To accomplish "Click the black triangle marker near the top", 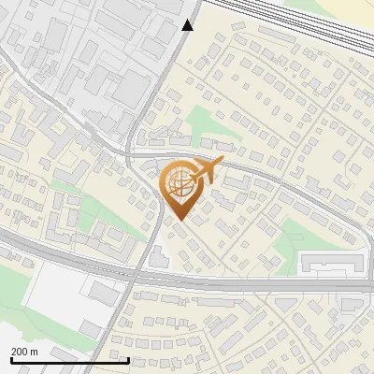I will coord(188,25).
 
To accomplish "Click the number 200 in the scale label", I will coord(21,352).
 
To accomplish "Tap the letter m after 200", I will coord(35,352).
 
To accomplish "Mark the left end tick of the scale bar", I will coord(10,360).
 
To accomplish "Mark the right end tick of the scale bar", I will coord(128,360).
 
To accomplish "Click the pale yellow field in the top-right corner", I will coord(351,14).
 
